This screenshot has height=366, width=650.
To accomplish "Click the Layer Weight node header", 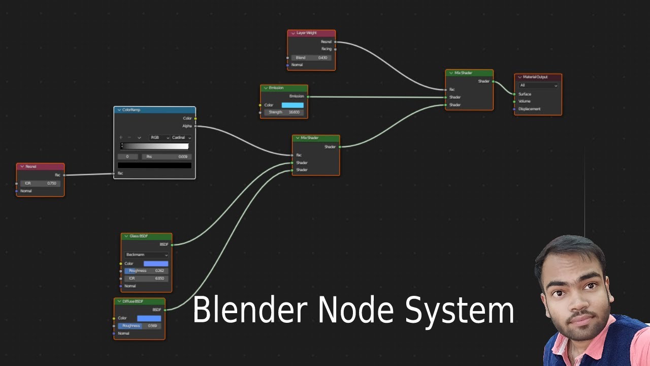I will [x=311, y=33].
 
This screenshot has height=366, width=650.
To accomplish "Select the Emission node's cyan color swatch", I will [x=292, y=105].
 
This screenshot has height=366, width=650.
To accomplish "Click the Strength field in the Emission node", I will [x=284, y=112].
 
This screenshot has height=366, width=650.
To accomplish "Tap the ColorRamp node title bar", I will [x=154, y=110].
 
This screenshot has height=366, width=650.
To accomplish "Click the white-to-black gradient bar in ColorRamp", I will [x=154, y=146].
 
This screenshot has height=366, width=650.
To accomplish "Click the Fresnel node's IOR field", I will [x=41, y=183].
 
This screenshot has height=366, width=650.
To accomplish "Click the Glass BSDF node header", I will [x=146, y=236].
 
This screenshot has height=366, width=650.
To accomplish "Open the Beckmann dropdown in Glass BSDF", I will [x=146, y=255].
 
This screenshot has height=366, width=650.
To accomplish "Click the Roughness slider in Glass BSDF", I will [x=146, y=271].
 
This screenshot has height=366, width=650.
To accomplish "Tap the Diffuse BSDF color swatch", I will [x=149, y=318].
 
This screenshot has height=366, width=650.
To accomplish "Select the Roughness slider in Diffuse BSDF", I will [x=139, y=326].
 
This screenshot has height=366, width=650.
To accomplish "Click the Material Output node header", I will [x=538, y=77].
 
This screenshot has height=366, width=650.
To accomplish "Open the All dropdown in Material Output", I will [x=538, y=85].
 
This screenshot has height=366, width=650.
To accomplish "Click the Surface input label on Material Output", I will [x=525, y=94].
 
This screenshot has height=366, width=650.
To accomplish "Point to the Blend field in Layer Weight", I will [x=311, y=58].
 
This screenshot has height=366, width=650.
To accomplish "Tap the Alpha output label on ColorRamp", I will [x=187, y=126].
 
